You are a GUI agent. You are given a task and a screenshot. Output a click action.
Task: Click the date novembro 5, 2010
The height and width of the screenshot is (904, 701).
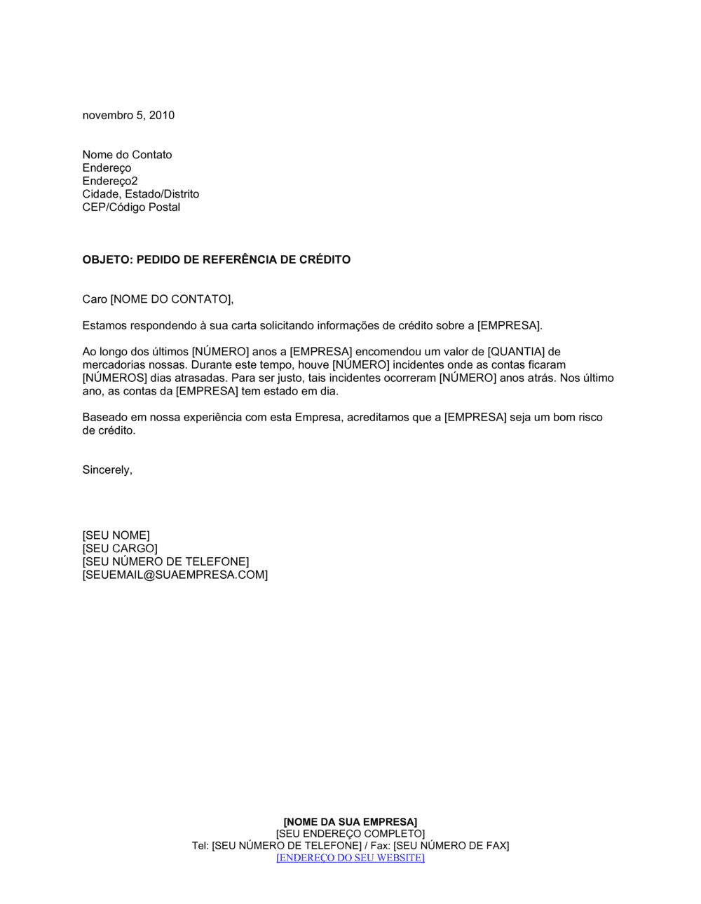point(128,116)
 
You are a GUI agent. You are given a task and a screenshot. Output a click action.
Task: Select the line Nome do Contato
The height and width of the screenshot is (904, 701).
point(127,155)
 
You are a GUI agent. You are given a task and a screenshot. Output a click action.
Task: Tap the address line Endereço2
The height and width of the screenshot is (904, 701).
point(110,181)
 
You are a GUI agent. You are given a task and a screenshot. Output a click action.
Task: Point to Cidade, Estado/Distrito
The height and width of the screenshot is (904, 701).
point(140,194)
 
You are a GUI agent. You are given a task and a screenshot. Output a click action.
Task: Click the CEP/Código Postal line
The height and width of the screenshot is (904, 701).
point(131,207)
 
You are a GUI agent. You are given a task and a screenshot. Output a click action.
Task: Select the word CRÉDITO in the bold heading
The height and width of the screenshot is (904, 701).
point(325,260)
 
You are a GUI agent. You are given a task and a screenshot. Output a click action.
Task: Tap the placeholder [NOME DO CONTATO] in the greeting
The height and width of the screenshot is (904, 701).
point(170,300)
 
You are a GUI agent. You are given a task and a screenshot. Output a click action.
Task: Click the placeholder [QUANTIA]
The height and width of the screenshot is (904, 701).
point(515,352)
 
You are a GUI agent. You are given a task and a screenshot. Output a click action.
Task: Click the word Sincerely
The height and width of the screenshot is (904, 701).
point(107,470)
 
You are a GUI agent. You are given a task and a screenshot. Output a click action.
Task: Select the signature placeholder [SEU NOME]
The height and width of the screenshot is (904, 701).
point(116,535)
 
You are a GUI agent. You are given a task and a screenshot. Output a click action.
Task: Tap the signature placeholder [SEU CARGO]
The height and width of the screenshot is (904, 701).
point(120,549)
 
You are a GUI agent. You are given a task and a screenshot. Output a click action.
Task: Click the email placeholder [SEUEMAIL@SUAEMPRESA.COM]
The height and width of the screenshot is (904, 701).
point(175,575)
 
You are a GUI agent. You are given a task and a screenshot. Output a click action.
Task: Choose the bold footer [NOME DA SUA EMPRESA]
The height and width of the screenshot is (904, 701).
point(350,822)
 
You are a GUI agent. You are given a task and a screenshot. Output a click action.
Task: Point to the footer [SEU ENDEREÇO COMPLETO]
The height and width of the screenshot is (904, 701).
point(350,834)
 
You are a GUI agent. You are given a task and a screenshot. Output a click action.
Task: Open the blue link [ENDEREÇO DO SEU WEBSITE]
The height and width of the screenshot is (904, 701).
point(350,858)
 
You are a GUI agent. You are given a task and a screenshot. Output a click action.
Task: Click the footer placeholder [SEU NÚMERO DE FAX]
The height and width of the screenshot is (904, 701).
point(451,846)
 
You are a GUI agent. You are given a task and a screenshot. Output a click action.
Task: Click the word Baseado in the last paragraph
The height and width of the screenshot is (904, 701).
point(105,418)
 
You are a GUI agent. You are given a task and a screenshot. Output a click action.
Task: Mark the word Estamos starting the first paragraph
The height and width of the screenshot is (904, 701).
point(104,326)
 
